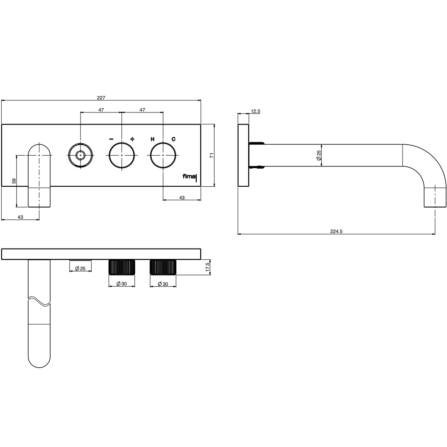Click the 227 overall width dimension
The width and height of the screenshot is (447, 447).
(x=101, y=98)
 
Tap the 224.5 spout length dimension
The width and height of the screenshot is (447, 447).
(x=336, y=231)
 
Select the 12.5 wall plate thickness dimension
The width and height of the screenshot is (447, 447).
(x=255, y=111)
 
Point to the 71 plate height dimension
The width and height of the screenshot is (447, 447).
(x=211, y=155)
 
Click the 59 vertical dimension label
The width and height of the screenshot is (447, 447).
(x=14, y=181)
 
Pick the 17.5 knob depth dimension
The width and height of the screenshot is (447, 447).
(x=208, y=267)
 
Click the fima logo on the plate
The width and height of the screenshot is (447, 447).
(x=190, y=177)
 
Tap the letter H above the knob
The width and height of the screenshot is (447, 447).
(x=153, y=139)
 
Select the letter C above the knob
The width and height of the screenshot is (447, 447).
(x=173, y=139)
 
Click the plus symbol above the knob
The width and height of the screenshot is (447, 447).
(x=132, y=139)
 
